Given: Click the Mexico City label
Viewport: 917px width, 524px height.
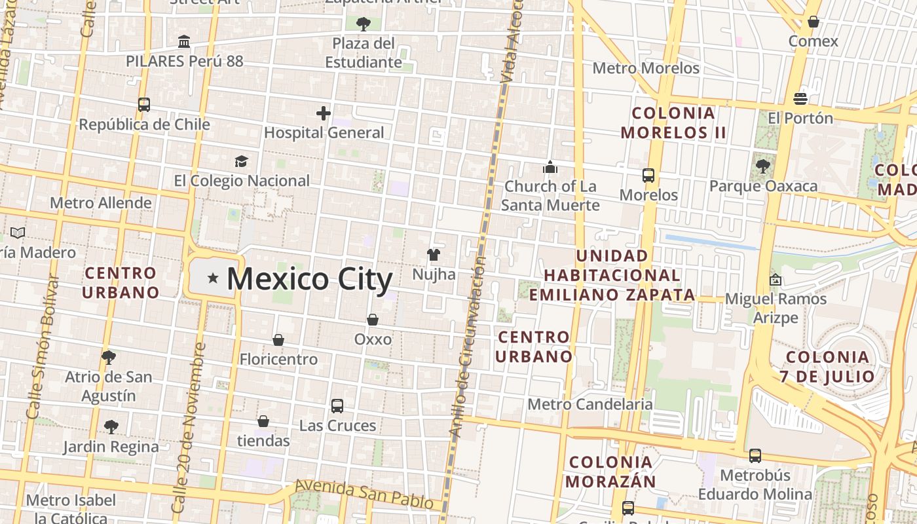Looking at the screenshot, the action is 309,279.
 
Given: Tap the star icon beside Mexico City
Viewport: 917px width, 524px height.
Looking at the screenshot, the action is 212,278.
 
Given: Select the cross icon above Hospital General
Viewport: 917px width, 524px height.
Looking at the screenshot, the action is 324,113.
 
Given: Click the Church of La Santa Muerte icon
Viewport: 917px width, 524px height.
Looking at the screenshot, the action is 550,168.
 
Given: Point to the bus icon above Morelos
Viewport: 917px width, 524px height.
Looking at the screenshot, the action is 648,176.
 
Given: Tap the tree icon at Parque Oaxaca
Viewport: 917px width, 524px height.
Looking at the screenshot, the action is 762,166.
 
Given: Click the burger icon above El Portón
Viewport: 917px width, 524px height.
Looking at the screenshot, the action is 800,99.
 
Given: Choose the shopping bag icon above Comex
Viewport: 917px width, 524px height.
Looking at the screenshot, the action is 814,22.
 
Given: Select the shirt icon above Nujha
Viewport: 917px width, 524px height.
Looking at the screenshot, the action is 433,254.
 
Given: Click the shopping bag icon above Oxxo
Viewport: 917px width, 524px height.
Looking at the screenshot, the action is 373,320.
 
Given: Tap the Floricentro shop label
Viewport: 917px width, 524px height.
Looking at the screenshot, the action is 278,359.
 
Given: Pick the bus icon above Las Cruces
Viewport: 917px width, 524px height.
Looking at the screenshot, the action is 337,406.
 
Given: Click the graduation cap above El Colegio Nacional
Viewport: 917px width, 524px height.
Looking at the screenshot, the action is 242,161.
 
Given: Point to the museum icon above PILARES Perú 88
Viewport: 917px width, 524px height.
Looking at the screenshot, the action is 184,41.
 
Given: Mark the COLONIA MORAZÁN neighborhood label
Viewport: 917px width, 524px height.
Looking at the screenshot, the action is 611,472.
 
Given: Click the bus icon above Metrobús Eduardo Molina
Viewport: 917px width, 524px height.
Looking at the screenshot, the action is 755,455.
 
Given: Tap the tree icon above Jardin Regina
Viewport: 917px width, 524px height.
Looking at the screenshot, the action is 111,427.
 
